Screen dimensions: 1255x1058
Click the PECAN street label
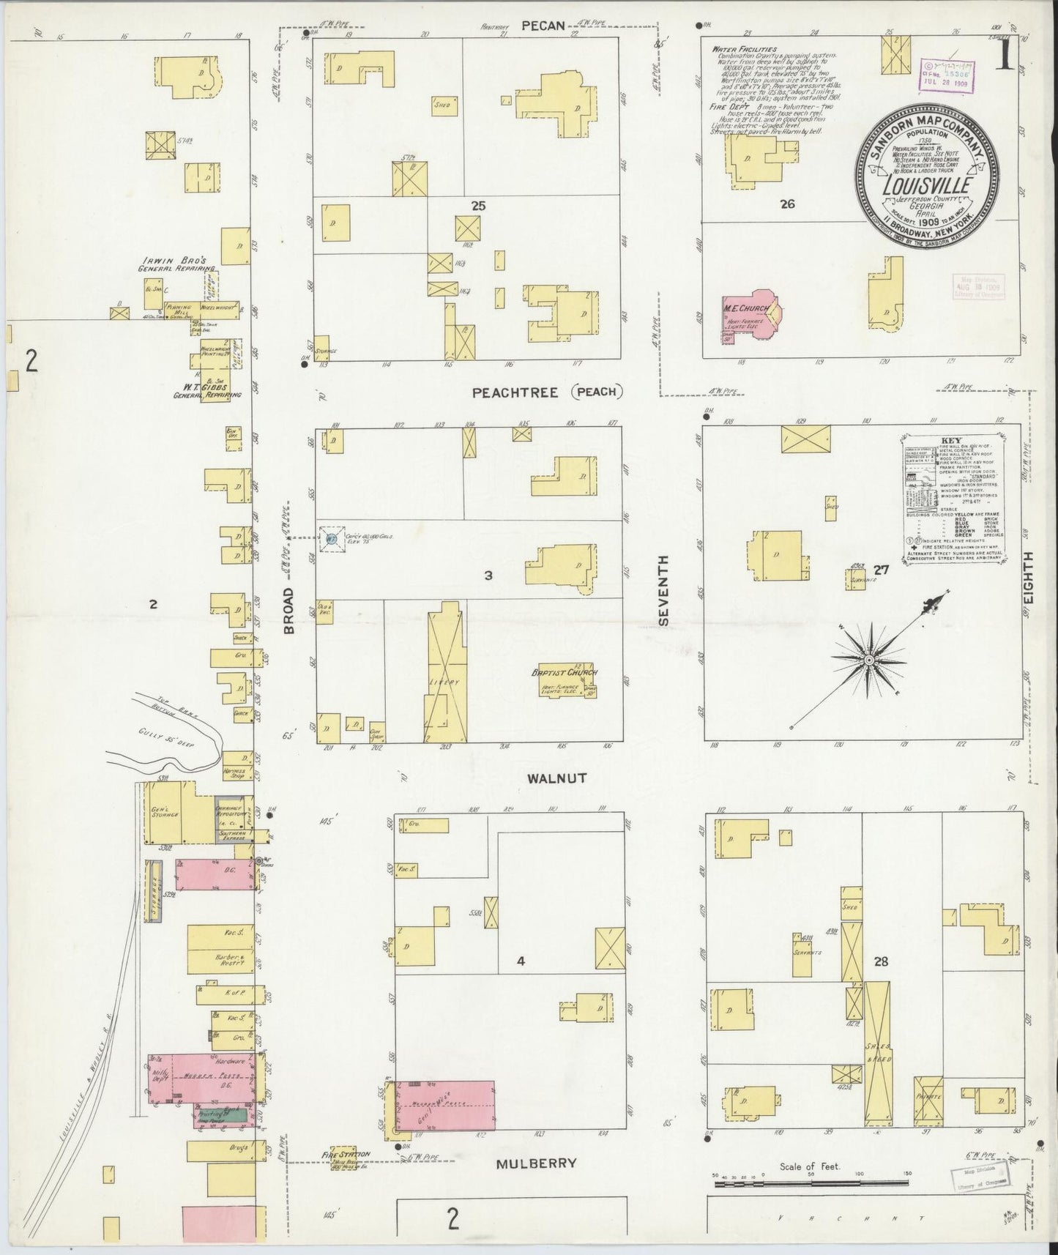pos(543,26)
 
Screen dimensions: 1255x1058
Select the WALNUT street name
pos(557,778)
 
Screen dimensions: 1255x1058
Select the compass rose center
pos(868,660)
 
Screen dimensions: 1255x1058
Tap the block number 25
pos(478,206)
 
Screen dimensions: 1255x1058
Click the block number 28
pos(880,961)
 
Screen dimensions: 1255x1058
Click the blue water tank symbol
pos(332,538)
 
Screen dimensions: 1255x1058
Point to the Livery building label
pos(446,682)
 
